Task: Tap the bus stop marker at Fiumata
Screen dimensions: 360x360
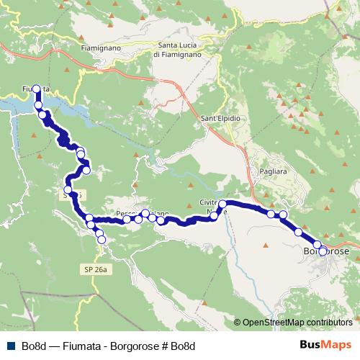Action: tap(36, 89)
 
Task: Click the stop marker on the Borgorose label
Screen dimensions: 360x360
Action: tap(323, 252)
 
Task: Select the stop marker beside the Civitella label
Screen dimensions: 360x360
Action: tap(222, 204)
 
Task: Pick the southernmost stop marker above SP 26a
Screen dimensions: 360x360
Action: tap(101, 239)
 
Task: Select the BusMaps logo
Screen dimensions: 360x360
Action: tap(327, 345)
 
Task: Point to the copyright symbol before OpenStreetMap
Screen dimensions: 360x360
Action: tap(238, 323)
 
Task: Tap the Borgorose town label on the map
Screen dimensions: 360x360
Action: tap(328, 251)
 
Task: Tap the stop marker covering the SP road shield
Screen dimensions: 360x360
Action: tap(68, 190)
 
